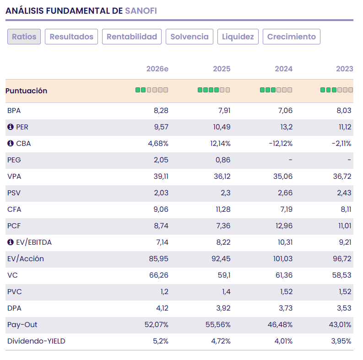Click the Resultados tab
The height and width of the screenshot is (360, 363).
point(71,37)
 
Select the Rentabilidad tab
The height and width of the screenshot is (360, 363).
point(132,37)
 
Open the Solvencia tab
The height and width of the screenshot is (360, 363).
point(190,37)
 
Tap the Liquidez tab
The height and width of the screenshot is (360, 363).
point(238,37)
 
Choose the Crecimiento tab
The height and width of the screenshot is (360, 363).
point(291,37)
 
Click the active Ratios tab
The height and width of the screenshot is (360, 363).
point(24,37)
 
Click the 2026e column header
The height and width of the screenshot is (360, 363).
point(157,69)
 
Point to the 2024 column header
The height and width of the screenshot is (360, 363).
point(283,69)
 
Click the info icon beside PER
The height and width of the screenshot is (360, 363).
point(11,127)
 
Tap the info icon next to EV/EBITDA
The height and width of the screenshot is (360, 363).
point(11,242)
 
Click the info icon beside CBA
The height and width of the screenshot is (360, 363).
point(11,144)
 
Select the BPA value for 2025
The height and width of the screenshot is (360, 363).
point(222,111)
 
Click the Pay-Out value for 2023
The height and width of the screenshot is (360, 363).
point(338,325)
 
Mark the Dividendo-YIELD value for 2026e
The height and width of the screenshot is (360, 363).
point(159,341)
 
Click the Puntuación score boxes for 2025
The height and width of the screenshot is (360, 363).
point(214,90)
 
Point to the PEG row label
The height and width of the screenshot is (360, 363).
point(14,160)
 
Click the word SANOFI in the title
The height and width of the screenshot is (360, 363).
point(141,10)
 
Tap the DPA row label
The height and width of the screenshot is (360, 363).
point(14,308)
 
